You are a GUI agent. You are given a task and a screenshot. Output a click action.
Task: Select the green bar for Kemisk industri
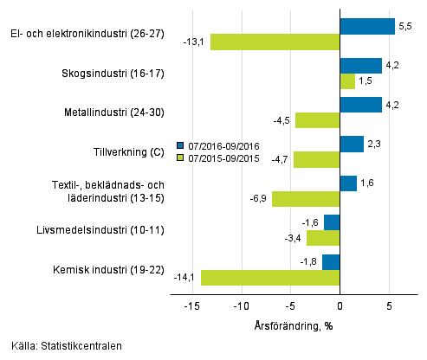tap(270, 278)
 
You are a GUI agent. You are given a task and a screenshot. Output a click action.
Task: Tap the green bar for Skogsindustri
tap(347, 81)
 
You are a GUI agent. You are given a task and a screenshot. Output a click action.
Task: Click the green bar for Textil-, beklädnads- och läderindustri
tap(306, 199)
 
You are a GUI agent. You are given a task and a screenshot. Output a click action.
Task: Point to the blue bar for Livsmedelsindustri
tap(332, 222)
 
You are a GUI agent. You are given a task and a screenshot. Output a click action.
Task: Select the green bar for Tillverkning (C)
tap(316, 159)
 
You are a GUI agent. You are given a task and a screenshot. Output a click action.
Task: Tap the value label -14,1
tap(184, 278)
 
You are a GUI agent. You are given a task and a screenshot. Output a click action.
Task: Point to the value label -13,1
tap(194, 42)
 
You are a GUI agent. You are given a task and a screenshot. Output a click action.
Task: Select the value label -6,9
tap(258, 199)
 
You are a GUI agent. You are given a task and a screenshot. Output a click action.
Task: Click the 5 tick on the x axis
tap(389, 305)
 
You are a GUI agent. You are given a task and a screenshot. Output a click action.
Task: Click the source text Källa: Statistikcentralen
tap(67, 346)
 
